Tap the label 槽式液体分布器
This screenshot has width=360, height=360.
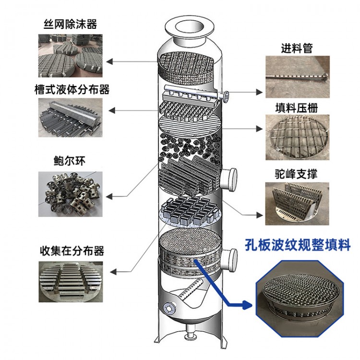point(72,90)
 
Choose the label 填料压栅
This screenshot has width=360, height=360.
point(297,108)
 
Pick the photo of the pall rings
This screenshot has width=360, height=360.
point(71,193)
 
